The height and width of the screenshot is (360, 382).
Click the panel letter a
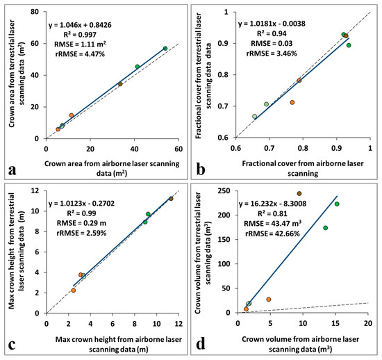13,170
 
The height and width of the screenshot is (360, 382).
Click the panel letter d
201,344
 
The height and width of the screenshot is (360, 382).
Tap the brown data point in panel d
299,193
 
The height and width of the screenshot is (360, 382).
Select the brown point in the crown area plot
120,84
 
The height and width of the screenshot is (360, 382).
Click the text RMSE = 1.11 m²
80,44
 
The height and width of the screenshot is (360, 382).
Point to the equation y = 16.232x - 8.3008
272,204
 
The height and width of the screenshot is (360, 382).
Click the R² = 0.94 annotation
272,33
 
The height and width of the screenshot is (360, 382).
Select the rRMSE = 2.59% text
81,234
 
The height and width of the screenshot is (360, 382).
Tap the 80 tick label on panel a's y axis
35,11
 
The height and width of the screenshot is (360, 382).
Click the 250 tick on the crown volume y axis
224,191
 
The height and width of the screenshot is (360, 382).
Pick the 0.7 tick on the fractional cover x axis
269,148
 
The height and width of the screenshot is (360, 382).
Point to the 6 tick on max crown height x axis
113,323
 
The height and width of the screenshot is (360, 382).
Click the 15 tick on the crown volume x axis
335,323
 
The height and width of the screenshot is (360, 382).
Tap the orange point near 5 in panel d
269,300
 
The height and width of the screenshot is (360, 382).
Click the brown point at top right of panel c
171,199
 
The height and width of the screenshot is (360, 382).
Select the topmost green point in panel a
165,48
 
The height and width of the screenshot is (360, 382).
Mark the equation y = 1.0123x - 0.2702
81,204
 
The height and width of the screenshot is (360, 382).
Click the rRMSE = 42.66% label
272,234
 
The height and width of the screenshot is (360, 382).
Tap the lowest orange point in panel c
74,291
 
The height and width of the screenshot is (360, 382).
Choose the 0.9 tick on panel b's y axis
226,43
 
